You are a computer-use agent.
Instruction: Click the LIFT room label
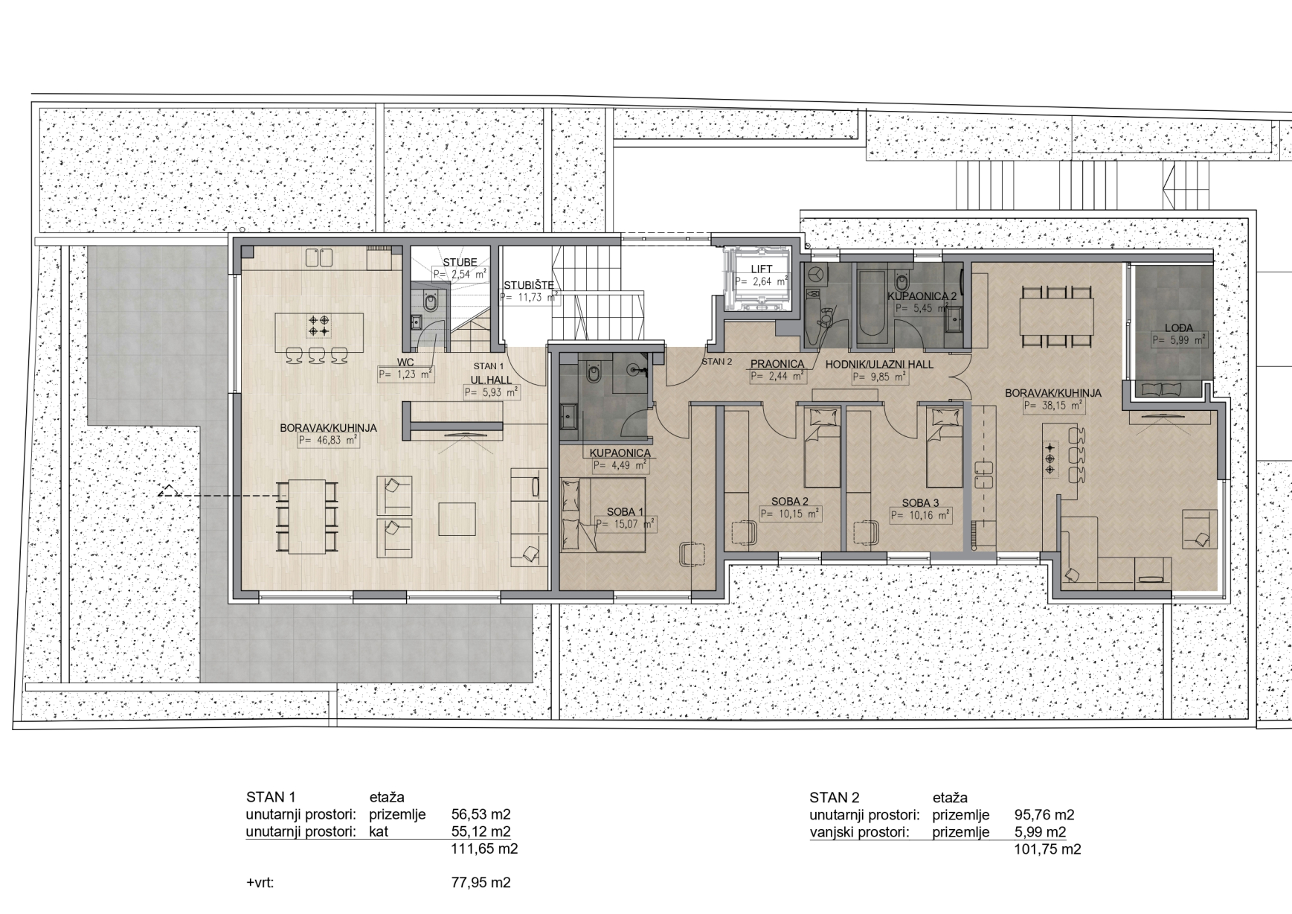click(761, 269)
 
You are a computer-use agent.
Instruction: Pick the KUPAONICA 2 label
click(922, 295)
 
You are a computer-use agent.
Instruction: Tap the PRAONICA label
click(777, 364)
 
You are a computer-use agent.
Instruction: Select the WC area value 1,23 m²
click(406, 375)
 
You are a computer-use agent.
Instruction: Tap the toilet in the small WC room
click(429, 303)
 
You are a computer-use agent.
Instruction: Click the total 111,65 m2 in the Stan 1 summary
click(484, 849)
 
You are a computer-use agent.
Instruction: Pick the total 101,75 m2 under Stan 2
click(1047, 849)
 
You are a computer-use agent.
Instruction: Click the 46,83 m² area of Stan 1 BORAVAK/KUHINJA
click(329, 441)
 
